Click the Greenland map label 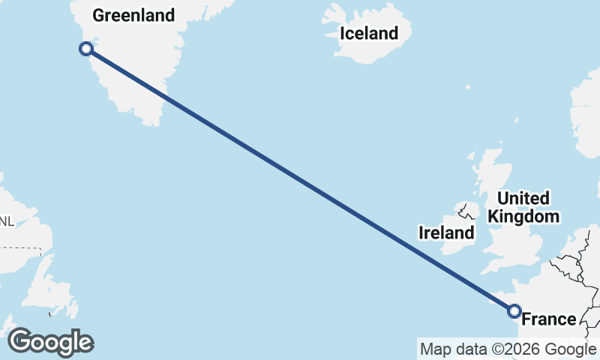point(133,15)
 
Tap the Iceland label point(368,33)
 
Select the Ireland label point(446,232)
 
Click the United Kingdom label point(523,208)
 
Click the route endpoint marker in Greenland point(86,49)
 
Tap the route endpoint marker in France point(514,310)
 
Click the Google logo point(50,342)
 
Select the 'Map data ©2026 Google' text point(507,349)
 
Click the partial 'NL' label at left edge point(7,221)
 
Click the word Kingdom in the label point(523,217)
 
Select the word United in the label point(523,199)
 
